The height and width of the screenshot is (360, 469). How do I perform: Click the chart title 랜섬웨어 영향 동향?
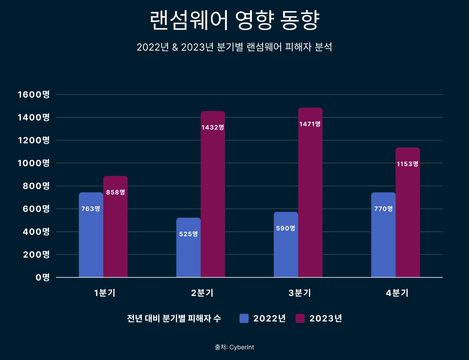[234, 20]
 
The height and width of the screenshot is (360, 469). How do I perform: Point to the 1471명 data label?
[310, 124]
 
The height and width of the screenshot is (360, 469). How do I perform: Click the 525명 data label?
[189, 234]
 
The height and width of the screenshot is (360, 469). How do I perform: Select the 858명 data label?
[115, 192]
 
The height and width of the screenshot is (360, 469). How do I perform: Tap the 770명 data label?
[383, 209]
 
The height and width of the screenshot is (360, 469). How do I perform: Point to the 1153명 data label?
[407, 164]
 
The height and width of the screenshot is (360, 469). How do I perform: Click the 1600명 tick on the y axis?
[34, 94]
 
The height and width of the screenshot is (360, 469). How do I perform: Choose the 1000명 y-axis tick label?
[34, 163]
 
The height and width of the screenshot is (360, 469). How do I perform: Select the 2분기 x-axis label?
[202, 293]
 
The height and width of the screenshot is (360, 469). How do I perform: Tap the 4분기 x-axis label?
[397, 293]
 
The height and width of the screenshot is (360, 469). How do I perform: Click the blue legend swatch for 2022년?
[244, 319]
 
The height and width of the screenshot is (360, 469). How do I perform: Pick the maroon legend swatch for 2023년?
[300, 319]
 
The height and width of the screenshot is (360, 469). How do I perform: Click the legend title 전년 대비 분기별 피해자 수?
[174, 319]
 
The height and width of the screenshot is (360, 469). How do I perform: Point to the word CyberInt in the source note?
[242, 347]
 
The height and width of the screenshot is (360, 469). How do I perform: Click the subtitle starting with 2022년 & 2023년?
[234, 47]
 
